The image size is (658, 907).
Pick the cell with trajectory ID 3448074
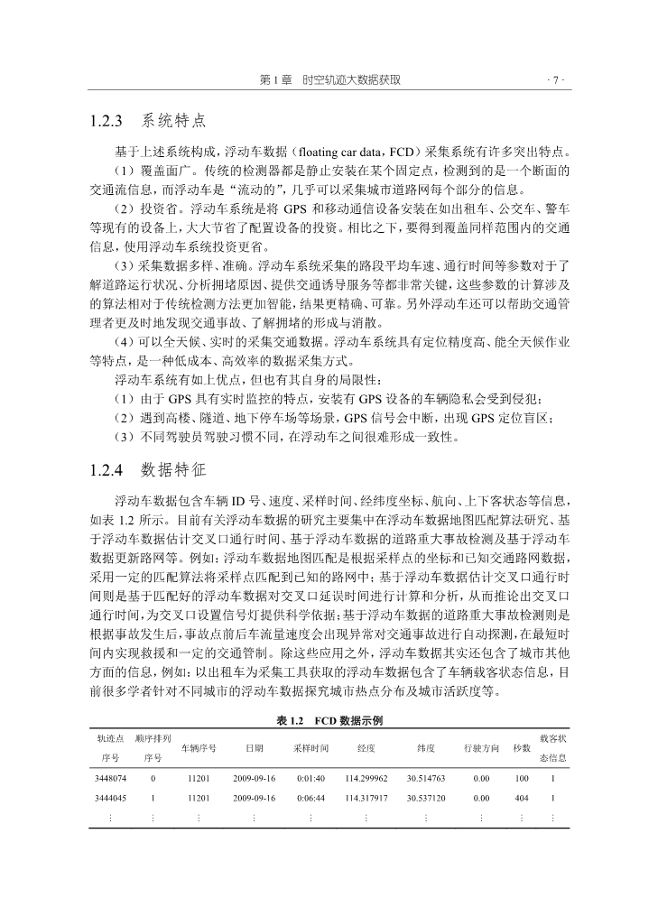109,776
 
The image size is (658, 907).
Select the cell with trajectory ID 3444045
109,798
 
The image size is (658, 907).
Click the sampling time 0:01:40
310,776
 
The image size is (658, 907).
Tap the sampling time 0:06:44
310,798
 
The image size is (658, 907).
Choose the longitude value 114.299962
366,776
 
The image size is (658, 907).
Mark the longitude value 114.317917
366,798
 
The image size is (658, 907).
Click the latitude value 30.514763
426,776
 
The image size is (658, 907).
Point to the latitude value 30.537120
426,798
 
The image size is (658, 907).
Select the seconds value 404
522,798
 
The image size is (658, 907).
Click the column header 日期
255,748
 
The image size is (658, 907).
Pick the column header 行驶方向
481,748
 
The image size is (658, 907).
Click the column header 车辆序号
199,748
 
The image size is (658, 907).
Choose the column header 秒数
522,748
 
